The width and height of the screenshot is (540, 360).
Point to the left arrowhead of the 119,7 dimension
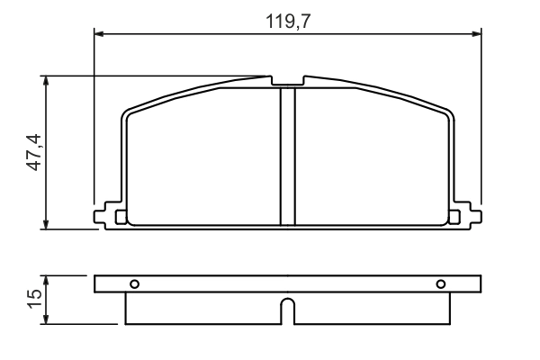coord(100,34)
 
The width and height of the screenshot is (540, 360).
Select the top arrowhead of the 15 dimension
coord(47,280)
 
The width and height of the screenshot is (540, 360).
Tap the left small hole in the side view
coord(134,284)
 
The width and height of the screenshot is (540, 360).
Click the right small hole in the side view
coord(441,284)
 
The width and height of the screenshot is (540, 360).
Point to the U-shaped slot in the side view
coord(287,310)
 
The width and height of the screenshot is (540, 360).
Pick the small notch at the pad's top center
coord(288,82)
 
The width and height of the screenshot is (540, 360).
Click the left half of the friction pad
coord(203,157)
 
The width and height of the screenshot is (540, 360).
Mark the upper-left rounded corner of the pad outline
coord(128,113)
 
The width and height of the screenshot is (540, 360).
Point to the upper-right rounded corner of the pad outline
coord(448,113)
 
